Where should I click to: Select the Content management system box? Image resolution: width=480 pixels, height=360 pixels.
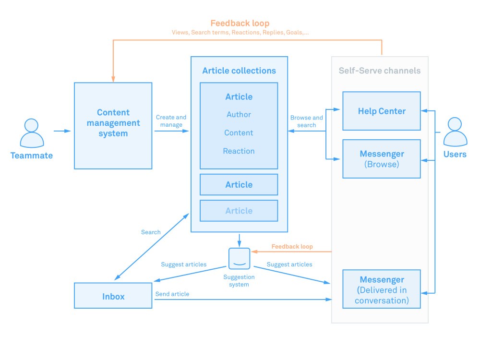(x=113, y=125)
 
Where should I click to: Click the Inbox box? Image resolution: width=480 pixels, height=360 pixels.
(x=113, y=295)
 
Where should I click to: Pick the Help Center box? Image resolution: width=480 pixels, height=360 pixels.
(x=382, y=111)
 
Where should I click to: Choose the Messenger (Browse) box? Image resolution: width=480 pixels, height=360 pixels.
(x=382, y=159)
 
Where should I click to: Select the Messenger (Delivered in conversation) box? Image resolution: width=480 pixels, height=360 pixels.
(x=382, y=289)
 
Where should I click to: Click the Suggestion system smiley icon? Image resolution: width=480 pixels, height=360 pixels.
(x=240, y=259)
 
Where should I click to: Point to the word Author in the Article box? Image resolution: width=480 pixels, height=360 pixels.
(x=239, y=115)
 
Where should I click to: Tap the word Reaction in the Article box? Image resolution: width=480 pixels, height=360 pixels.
(x=239, y=151)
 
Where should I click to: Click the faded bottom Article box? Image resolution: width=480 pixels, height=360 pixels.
(x=239, y=211)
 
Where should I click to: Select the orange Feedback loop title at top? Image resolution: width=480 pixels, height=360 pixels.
(x=240, y=23)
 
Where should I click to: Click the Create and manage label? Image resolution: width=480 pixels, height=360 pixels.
(x=171, y=121)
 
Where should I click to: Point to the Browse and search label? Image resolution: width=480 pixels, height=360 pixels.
(x=306, y=121)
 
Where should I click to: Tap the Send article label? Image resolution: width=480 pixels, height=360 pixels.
(x=172, y=294)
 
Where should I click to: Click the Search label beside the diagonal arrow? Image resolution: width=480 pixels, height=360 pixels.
(x=151, y=232)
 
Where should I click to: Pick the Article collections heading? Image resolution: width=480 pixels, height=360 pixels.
(x=239, y=71)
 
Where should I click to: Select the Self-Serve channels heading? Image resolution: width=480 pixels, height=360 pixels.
(x=380, y=71)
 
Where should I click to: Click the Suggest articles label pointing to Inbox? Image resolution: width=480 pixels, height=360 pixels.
(x=184, y=264)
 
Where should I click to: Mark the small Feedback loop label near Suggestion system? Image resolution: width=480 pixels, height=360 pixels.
(x=292, y=246)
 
